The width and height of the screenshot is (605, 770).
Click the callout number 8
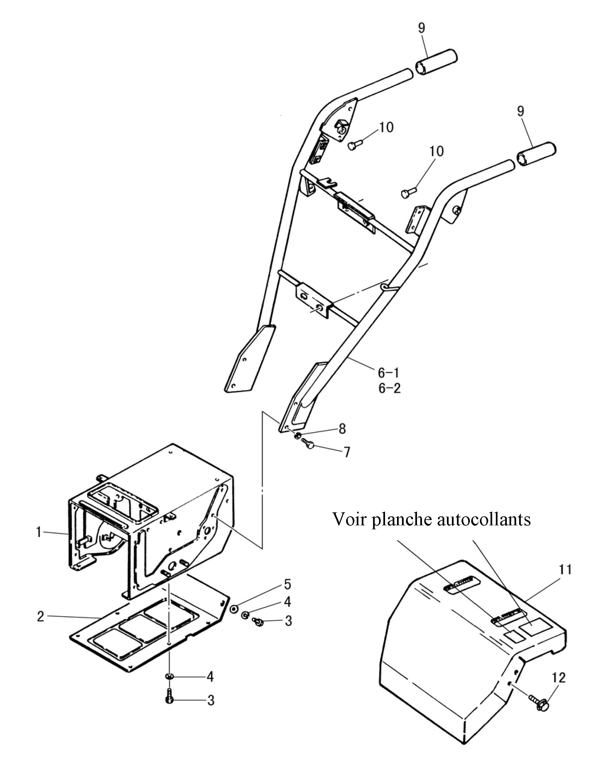click(342, 429)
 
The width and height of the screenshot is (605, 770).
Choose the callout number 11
click(565, 570)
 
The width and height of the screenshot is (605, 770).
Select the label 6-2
click(389, 388)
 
